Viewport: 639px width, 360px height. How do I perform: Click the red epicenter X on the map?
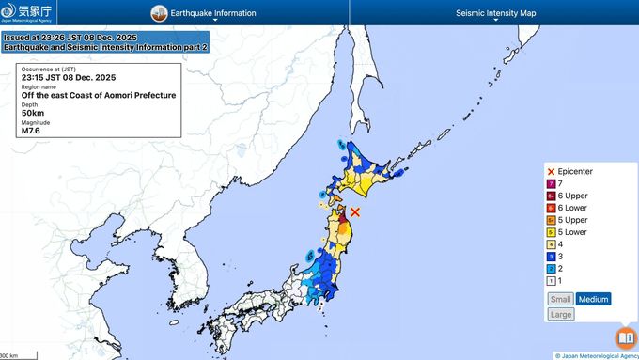355,212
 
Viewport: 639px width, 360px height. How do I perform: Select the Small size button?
560,299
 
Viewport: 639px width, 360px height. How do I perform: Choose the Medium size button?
593,299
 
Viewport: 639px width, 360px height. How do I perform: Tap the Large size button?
560,314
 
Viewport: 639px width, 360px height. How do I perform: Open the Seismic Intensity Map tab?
495,13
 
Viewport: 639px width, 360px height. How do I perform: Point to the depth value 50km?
34,113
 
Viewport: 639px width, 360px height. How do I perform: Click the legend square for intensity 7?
552,183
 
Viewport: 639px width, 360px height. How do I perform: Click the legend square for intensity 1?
552,280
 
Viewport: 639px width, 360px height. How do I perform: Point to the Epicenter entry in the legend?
575,172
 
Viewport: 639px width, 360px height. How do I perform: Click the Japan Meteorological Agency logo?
28,12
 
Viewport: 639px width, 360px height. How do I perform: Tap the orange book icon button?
625,337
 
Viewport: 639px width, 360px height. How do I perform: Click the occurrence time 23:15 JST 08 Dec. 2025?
67,77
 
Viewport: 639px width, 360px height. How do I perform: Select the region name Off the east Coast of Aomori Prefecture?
99,95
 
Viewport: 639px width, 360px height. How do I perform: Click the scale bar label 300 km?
8,356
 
